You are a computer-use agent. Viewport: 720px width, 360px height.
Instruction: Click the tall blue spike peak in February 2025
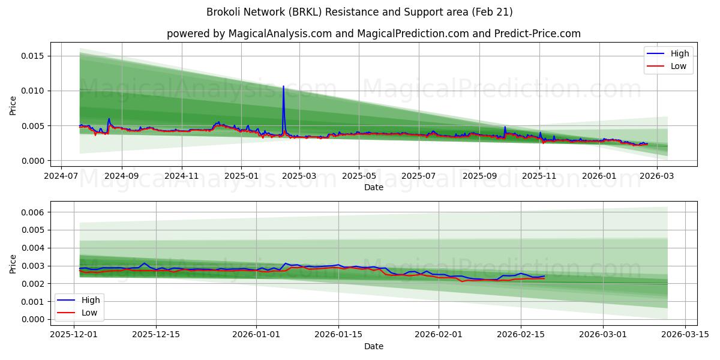(x=283, y=86)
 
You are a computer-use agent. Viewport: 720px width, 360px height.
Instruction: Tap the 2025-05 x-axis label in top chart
(x=359, y=177)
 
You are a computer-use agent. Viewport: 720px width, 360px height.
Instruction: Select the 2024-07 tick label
(x=62, y=177)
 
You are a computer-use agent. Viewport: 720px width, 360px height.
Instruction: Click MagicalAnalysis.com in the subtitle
(x=280, y=34)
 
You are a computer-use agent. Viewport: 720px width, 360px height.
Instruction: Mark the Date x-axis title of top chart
(x=373, y=188)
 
